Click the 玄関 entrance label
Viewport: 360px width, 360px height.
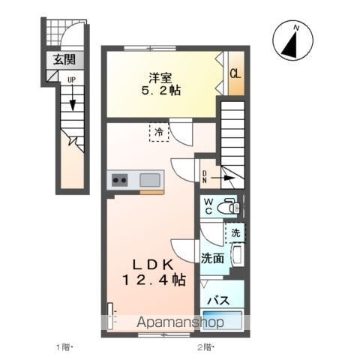[64, 60]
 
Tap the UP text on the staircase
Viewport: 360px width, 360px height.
[72, 80]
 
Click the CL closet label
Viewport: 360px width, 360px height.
[235, 73]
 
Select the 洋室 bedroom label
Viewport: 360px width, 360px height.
[160, 78]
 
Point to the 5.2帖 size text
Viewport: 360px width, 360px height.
[161, 90]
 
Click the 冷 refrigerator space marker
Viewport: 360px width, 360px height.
[159, 132]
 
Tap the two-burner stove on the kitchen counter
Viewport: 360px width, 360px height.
[120, 180]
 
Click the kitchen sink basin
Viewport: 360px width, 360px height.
[150, 180]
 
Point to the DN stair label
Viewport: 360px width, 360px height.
[205, 177]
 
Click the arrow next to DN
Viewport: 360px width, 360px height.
[223, 178]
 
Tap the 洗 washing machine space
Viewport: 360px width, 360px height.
[235, 233]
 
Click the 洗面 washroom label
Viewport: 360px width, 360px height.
[212, 258]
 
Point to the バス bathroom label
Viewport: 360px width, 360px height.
[219, 300]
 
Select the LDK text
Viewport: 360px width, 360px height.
[153, 265]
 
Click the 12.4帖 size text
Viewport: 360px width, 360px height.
[154, 280]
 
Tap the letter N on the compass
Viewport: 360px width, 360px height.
[297, 28]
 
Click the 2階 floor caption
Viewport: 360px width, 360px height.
[205, 347]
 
